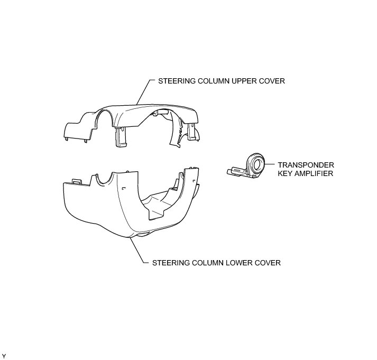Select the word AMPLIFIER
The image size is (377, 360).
[315, 173]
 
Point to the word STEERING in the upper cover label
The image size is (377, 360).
[175, 81]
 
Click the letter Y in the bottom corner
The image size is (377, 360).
[4, 355]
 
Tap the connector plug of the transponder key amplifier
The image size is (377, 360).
[233, 170]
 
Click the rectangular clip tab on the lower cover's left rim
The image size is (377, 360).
[75, 181]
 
